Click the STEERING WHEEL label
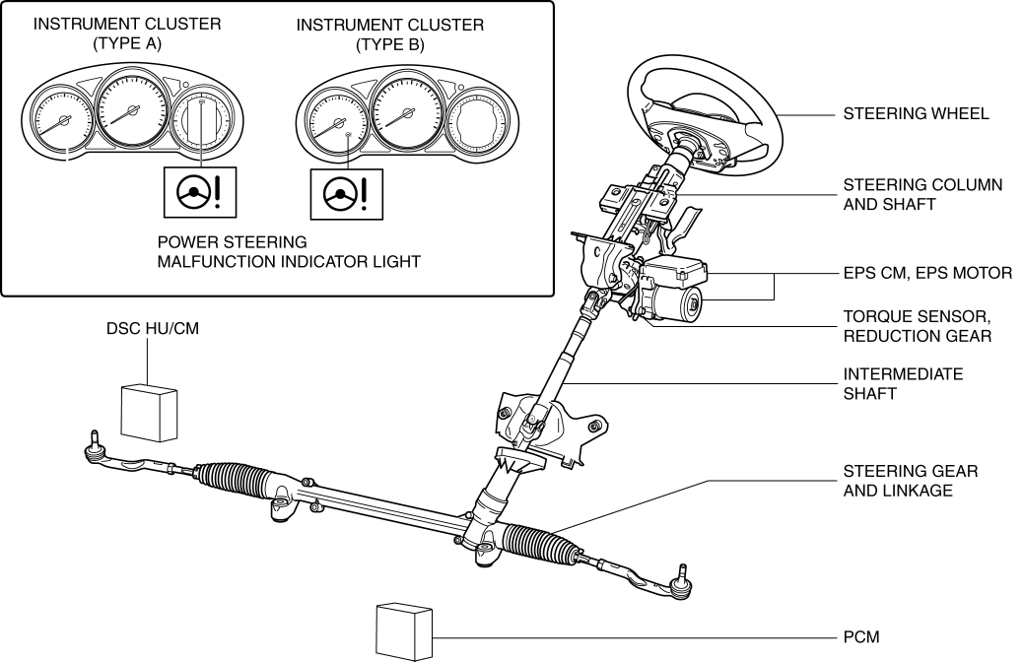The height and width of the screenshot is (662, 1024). (x=916, y=114)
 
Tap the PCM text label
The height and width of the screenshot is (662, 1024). (x=861, y=636)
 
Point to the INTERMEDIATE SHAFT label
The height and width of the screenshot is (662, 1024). (x=903, y=384)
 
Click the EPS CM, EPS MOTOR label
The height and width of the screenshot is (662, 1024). (x=927, y=273)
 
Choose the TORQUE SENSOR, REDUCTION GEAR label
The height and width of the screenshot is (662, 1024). (x=917, y=327)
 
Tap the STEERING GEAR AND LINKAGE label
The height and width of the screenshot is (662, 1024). (x=911, y=481)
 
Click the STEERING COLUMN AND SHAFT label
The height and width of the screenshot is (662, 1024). (x=922, y=195)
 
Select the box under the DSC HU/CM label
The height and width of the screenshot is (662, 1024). (x=152, y=410)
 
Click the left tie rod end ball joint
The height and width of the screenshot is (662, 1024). (x=95, y=446)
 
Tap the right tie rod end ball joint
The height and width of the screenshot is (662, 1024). (x=679, y=584)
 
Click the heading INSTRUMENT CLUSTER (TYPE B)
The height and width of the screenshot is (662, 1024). (x=390, y=34)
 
